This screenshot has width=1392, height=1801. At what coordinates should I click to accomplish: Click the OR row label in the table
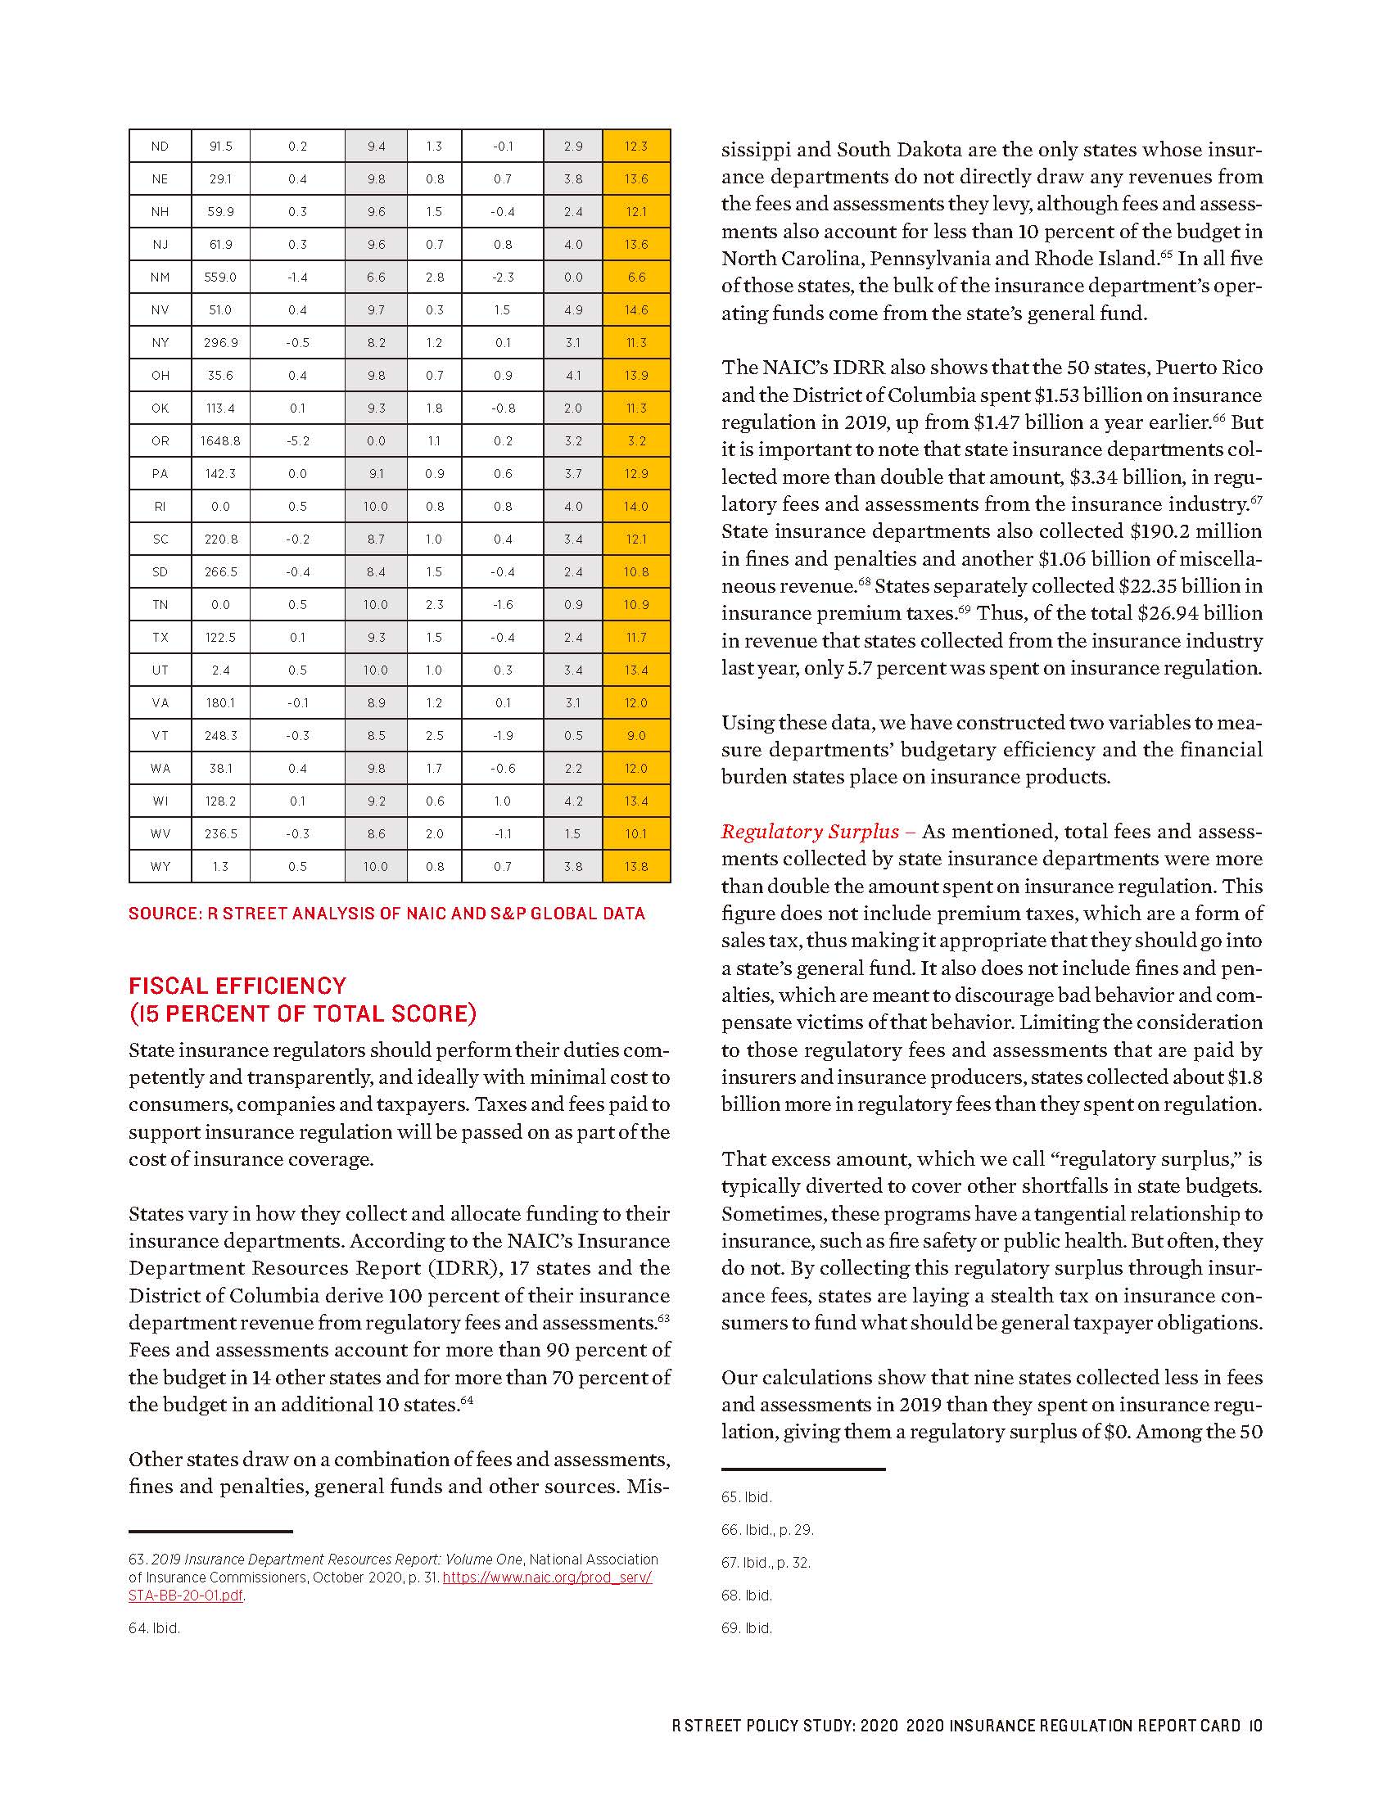160,441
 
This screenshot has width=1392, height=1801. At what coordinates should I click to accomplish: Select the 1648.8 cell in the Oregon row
220,441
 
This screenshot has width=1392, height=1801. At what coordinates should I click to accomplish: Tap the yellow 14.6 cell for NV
635,310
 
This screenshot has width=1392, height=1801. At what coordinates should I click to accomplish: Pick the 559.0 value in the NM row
220,277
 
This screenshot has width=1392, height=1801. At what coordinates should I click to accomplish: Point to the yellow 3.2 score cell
635,441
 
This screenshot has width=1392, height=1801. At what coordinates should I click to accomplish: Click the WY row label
160,867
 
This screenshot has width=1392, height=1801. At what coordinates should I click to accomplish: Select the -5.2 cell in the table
298,441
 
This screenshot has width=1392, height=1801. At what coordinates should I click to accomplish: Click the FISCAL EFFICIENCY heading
237,986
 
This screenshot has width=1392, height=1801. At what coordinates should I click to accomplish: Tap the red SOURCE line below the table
386,914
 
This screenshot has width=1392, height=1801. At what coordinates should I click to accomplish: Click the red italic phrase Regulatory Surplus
810,831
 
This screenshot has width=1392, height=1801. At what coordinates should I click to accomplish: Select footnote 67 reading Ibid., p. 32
766,1563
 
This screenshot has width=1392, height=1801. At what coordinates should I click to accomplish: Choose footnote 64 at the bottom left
154,1628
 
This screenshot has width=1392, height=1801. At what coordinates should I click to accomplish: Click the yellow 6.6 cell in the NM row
635,277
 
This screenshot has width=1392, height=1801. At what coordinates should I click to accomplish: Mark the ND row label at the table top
160,146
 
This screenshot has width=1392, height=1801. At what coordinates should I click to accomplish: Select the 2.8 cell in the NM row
435,277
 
